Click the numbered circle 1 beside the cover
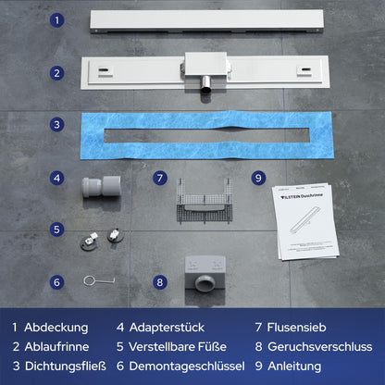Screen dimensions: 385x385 click(56, 19)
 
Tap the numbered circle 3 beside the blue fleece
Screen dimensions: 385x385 click(56, 124)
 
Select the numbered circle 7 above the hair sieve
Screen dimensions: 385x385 click(159, 177)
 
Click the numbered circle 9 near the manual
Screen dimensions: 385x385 click(258, 177)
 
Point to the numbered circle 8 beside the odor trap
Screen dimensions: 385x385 click(159, 283)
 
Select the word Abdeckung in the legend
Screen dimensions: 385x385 click(56, 327)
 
